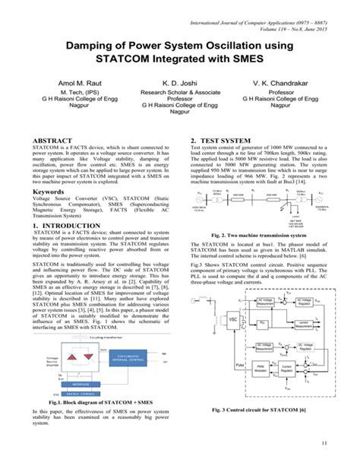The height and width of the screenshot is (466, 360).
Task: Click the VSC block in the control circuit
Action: [x=217, y=301]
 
